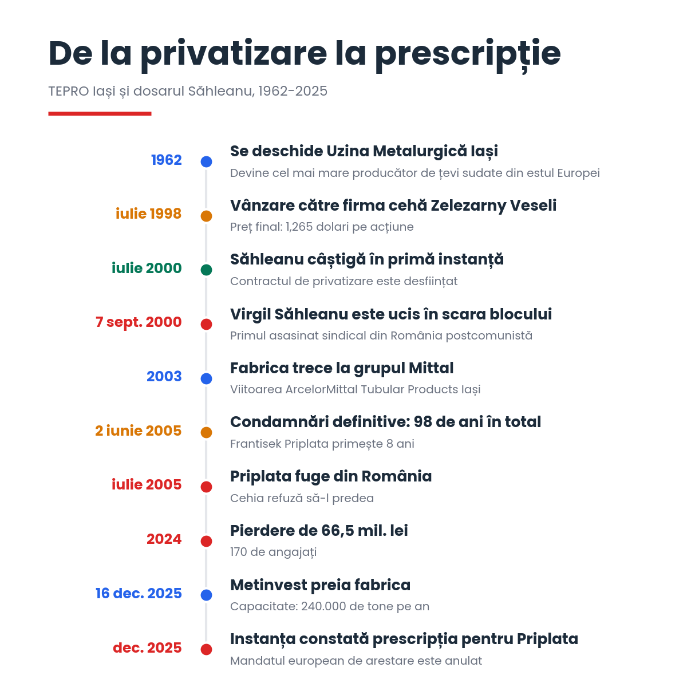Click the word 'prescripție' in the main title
(x=468, y=55)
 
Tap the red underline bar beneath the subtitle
(x=100, y=114)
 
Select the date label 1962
(x=167, y=160)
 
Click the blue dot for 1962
(x=207, y=161)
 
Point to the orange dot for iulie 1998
(x=207, y=216)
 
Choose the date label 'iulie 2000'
(x=147, y=268)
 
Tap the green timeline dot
(x=207, y=270)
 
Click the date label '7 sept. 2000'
(x=139, y=322)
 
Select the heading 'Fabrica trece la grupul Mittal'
(x=342, y=368)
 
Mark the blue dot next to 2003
(x=207, y=378)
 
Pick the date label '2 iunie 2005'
(x=139, y=431)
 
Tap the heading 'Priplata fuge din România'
(x=331, y=476)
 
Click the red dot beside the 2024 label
(x=207, y=541)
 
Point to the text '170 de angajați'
(x=274, y=552)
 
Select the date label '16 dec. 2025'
(x=139, y=593)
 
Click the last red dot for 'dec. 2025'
(x=207, y=649)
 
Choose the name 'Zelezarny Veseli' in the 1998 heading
(x=493, y=206)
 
